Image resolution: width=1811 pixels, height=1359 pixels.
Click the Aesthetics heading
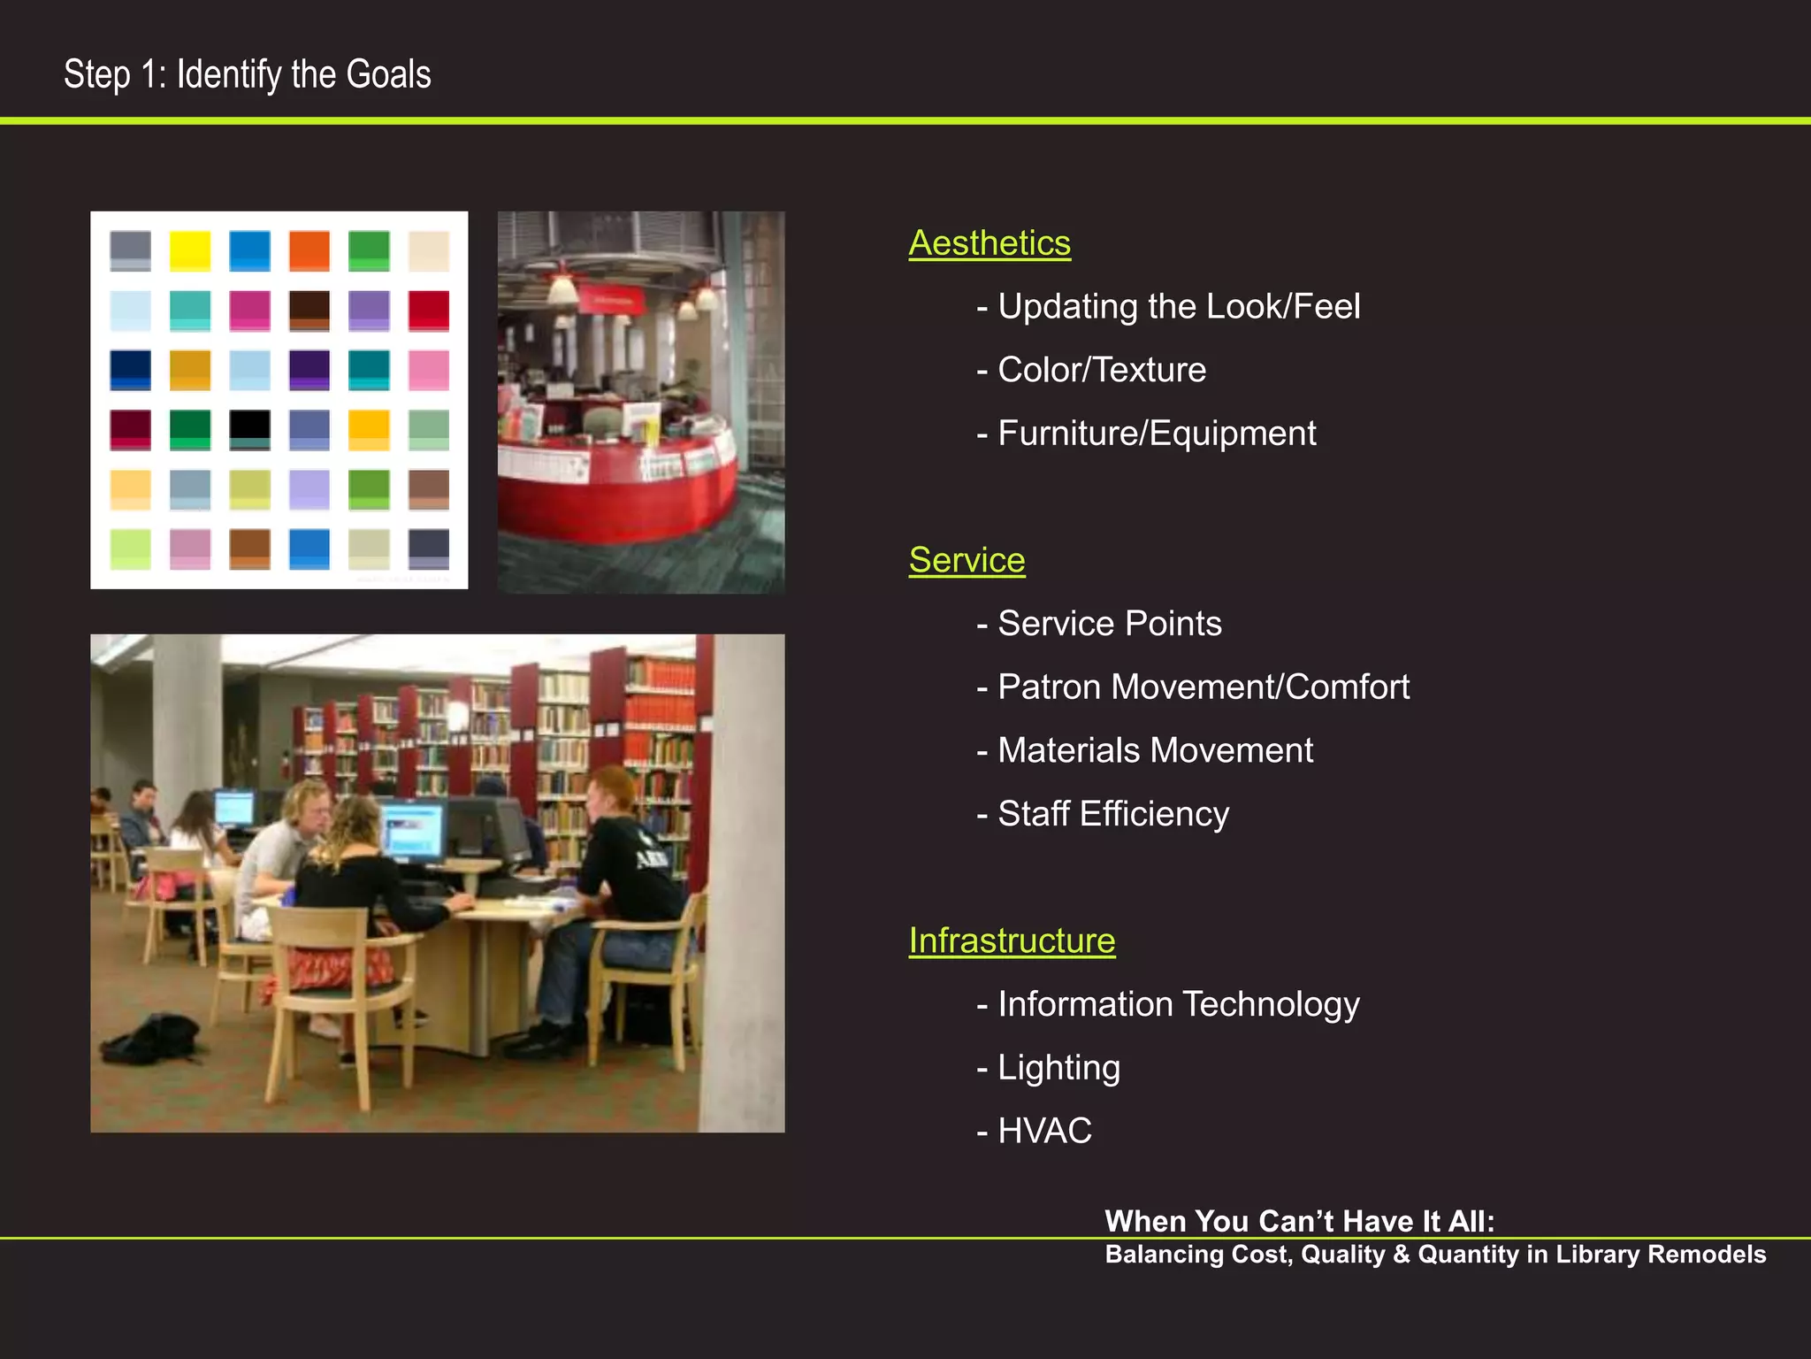(x=990, y=243)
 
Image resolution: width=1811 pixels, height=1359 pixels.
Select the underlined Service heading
(x=967, y=560)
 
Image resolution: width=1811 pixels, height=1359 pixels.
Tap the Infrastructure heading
(x=1012, y=941)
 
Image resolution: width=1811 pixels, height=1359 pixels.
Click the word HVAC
(x=1044, y=1131)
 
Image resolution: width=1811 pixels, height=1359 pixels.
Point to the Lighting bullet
(x=1058, y=1068)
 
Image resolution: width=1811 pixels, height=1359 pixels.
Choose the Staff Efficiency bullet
(x=1112, y=814)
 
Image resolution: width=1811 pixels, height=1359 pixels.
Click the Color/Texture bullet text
(x=1101, y=370)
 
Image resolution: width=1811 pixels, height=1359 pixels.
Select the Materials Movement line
(x=1155, y=750)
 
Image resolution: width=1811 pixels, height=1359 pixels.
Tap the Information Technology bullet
(x=1178, y=1004)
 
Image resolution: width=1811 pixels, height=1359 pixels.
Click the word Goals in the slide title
(x=388, y=74)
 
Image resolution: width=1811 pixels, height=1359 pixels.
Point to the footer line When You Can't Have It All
(x=1299, y=1221)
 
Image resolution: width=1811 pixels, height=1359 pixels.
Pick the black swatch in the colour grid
(x=250, y=429)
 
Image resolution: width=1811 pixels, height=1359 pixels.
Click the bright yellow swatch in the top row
(x=190, y=250)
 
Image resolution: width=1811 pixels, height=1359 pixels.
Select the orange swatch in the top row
(x=309, y=250)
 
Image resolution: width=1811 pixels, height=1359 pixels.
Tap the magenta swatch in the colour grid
(x=250, y=311)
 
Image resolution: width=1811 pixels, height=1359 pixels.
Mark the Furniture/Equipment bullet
(x=1156, y=434)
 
